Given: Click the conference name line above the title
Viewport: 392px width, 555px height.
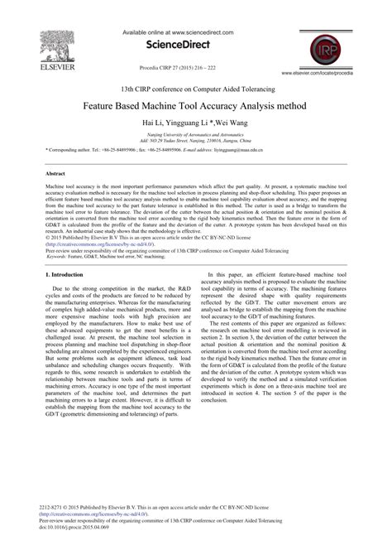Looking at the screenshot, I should [x=195, y=89].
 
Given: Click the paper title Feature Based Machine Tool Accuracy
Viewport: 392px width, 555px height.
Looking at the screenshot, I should [x=195, y=106].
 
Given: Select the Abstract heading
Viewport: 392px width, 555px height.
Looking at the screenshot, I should [x=57, y=176].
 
